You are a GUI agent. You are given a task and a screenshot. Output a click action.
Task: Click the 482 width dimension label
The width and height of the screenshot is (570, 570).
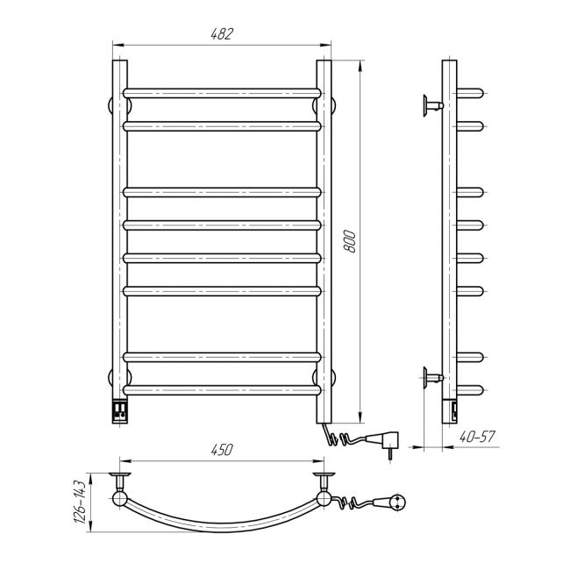tap(222, 34)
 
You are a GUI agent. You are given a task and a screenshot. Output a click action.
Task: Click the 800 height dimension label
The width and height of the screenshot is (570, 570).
tap(349, 241)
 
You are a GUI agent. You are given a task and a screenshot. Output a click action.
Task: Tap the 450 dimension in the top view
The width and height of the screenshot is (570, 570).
tap(222, 450)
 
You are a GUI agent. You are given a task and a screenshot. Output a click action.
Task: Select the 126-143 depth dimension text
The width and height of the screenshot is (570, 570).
tap(80, 502)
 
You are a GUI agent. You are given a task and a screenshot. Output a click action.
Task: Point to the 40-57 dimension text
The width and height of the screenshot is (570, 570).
tap(477, 436)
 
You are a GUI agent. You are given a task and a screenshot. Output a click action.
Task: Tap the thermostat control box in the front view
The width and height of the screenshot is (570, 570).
tap(120, 410)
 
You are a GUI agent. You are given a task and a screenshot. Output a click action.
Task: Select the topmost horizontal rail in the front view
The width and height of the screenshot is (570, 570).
tap(222, 93)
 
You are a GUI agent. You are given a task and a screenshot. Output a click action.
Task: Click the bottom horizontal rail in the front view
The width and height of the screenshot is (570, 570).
tap(222, 390)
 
